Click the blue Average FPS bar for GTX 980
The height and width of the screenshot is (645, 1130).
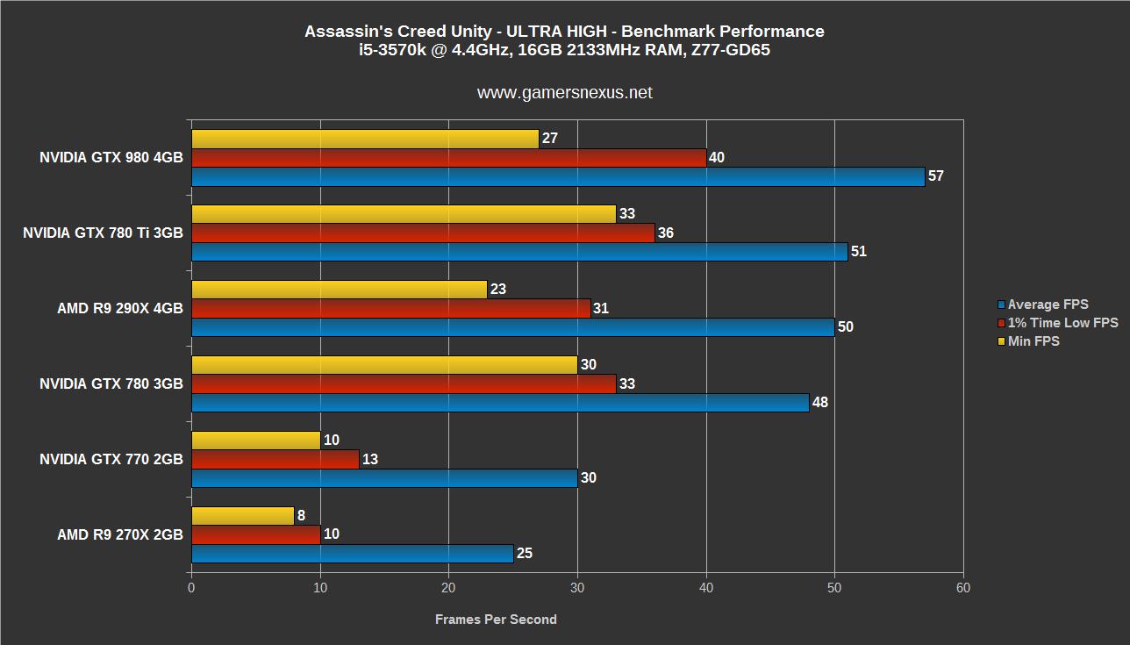(557, 176)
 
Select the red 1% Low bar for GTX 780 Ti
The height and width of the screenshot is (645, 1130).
(422, 233)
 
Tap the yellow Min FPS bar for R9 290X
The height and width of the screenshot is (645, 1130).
(339, 290)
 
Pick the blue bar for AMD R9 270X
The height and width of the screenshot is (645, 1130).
(352, 554)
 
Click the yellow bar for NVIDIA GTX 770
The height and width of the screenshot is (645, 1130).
(255, 441)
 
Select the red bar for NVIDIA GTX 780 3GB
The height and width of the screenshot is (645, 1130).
(403, 383)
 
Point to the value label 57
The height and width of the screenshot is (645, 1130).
(935, 176)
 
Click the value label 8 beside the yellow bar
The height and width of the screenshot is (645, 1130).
(302, 516)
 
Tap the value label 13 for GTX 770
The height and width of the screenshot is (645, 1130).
(369, 459)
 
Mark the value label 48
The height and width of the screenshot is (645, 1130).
(819, 403)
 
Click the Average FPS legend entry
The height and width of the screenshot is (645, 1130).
(1048, 305)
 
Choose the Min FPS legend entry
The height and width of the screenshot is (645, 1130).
(1033, 341)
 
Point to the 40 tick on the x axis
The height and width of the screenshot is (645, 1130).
(705, 589)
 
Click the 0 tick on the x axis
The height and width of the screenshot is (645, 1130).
(191, 589)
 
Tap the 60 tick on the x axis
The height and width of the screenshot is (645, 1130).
(962, 589)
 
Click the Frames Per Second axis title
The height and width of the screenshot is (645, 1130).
(496, 620)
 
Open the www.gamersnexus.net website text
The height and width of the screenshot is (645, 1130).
(564, 92)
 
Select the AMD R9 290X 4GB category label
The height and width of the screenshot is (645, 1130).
(120, 308)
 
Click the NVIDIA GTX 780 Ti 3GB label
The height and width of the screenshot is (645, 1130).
(103, 233)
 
